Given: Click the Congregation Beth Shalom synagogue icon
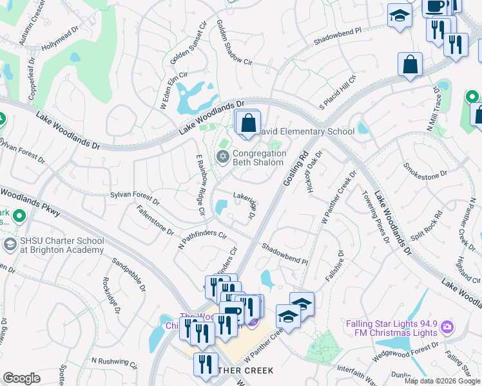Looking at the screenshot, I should pyautogui.click(x=224, y=156).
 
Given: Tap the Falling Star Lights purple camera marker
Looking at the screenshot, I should pyautogui.click(x=447, y=329).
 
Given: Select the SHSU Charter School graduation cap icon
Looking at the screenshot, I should pyautogui.click(x=10, y=244).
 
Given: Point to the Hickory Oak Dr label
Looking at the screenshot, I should pyautogui.click(x=314, y=173).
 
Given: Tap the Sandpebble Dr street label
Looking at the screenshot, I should pyautogui.click(x=133, y=272).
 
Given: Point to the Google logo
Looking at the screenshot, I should pyautogui.click(x=21, y=378).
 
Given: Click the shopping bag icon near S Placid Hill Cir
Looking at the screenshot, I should pyautogui.click(x=410, y=65).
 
